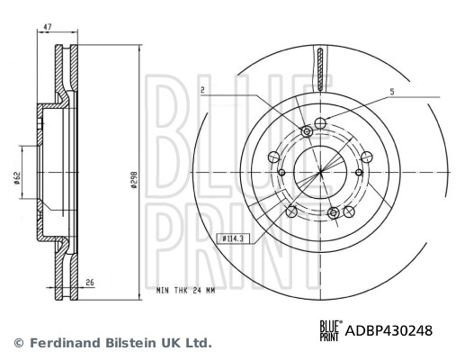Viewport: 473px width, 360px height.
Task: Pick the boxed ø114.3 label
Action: point(235,238)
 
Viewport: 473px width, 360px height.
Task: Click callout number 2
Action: point(203,91)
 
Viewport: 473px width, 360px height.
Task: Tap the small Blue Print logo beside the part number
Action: point(330,330)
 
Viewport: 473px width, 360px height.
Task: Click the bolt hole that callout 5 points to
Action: point(321,121)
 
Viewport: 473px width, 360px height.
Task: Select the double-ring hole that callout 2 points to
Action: point(307,132)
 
